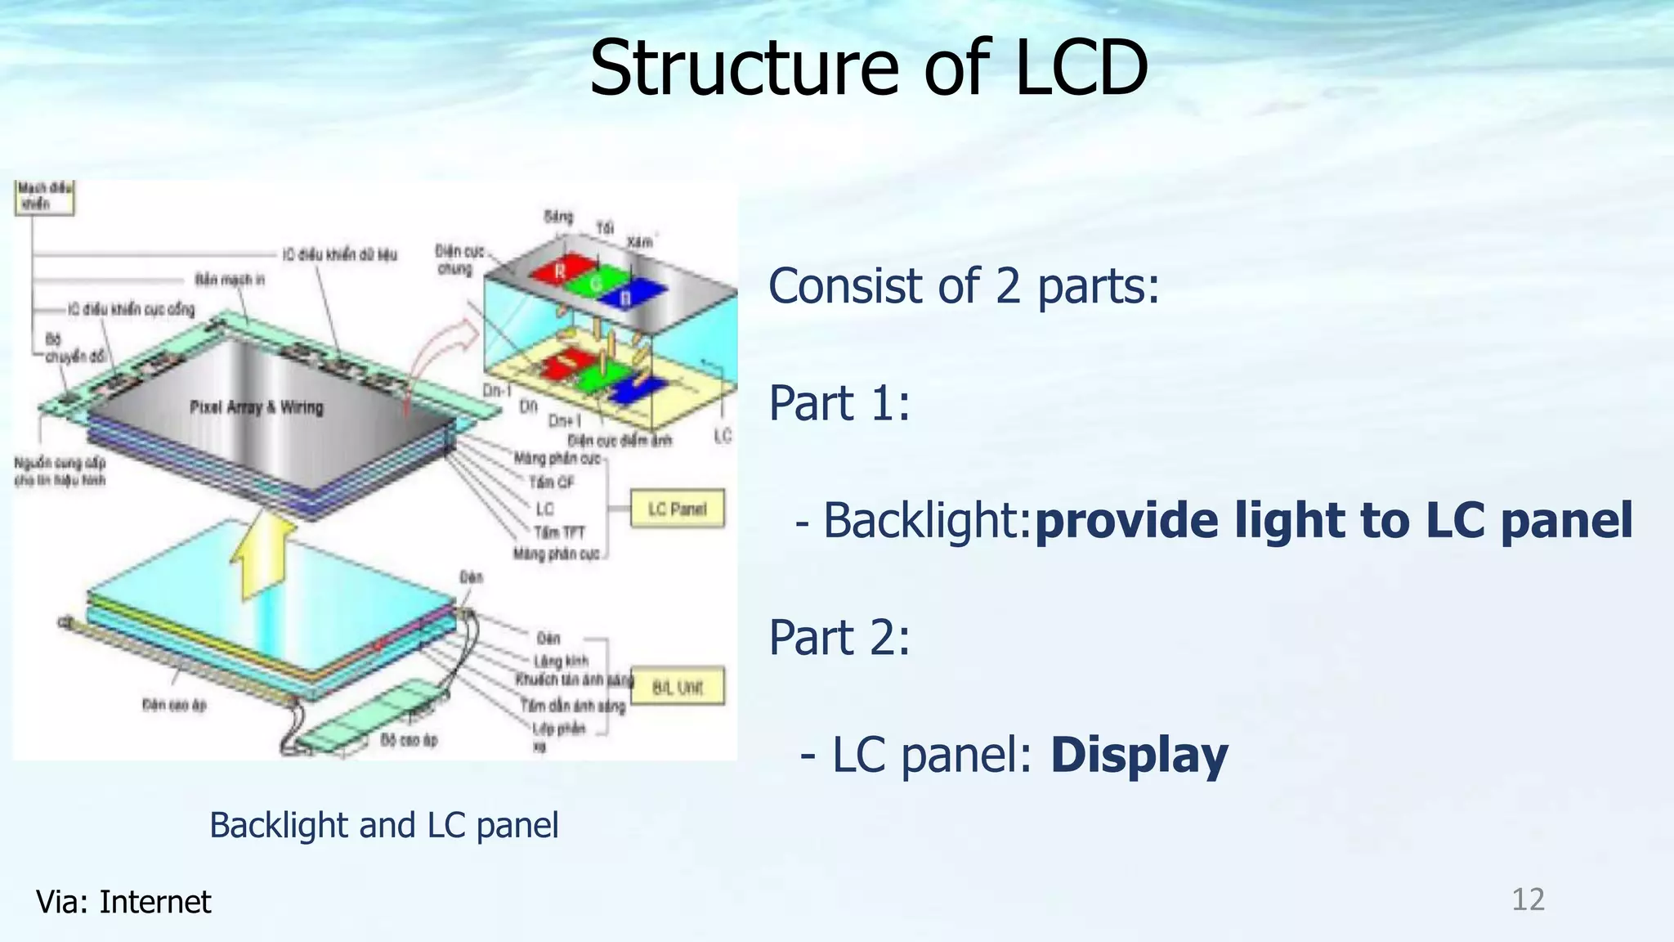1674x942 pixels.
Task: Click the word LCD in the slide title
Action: [1081, 68]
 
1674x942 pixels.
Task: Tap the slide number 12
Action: [1527, 899]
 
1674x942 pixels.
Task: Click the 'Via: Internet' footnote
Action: [123, 902]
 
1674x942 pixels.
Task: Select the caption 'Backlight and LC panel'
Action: [384, 824]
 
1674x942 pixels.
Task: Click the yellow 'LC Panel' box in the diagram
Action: [677, 509]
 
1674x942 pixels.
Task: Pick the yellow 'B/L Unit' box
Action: [678, 687]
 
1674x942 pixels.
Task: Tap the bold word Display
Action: [1139, 755]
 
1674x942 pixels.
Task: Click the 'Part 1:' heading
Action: [839, 403]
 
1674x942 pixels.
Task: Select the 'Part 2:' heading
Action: [839, 637]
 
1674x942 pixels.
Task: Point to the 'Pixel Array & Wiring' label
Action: [257, 407]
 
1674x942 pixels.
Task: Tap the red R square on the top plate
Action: [561, 271]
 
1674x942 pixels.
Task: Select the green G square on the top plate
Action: [595, 283]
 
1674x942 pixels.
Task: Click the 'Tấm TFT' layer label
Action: [560, 532]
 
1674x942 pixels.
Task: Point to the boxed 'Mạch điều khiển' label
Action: [44, 197]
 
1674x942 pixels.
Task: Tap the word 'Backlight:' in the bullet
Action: [926, 521]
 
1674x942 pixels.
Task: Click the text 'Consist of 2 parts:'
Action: [964, 286]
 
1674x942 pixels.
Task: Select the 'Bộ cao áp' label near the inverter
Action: [409, 740]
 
